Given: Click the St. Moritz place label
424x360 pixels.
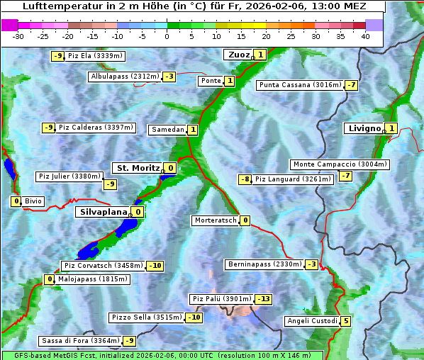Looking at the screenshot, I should (x=137, y=168).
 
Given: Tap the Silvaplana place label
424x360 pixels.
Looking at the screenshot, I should (x=102, y=212).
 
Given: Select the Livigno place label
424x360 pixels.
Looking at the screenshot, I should (x=364, y=128).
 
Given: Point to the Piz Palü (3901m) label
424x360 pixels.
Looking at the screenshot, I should (x=221, y=299).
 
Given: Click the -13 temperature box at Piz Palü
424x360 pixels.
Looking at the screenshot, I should (x=263, y=299).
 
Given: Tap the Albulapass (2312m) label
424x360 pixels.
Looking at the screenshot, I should (x=125, y=77).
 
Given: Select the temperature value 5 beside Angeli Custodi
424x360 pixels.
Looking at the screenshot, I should (x=346, y=321).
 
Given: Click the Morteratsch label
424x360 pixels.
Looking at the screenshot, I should (x=215, y=220).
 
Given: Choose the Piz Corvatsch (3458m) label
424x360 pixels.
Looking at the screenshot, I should (x=103, y=266).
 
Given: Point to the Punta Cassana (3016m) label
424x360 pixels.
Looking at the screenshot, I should (x=300, y=85).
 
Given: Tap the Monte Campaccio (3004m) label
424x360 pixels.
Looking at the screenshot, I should (x=340, y=164).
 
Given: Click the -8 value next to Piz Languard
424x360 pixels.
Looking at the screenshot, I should (x=245, y=179).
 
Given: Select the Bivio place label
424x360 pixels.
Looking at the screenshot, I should (x=33, y=201).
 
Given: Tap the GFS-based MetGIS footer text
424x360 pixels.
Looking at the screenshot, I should (x=162, y=355).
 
